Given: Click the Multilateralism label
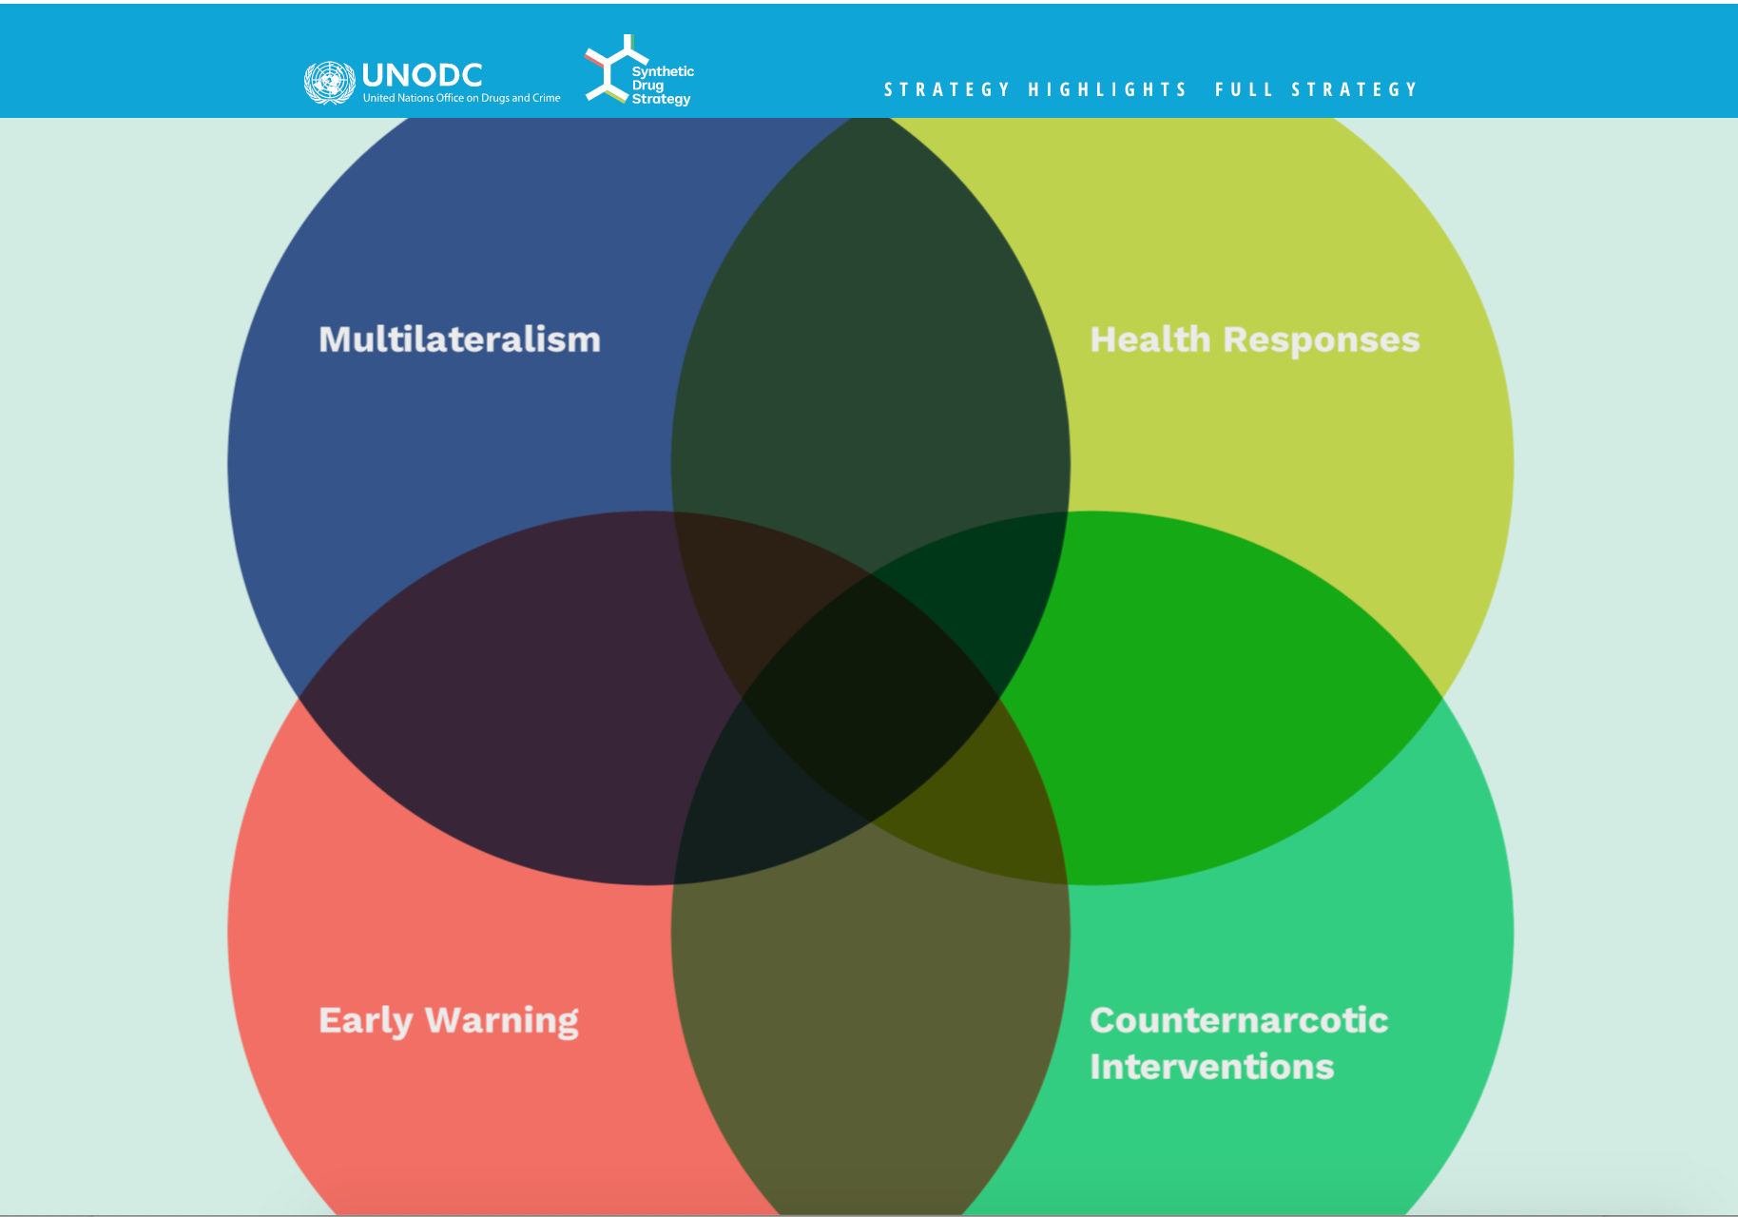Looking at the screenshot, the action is point(459,339).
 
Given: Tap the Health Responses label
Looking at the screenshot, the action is point(1254,340).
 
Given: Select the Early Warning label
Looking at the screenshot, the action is point(449,1021).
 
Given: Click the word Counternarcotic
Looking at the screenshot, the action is point(1239,1020).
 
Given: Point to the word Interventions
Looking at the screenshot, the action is point(1212,1067).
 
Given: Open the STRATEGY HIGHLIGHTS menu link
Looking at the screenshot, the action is point(1035,89).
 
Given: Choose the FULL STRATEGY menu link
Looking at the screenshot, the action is point(1316,89).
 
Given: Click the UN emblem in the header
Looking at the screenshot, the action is point(329,83).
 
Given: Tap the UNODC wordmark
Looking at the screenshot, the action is point(422,75).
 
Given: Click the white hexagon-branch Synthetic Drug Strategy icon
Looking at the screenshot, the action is point(608,68).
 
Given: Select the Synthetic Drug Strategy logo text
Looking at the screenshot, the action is point(663,85).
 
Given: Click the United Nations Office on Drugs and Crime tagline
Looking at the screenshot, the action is point(461,98).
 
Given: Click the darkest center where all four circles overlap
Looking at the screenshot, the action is point(870,699).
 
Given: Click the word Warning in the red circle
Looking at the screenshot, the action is point(502,1021).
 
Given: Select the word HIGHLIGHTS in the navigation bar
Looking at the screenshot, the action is point(1108,89).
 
